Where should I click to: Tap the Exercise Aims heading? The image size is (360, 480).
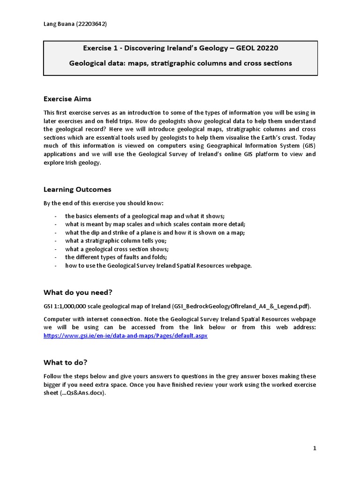(67, 99)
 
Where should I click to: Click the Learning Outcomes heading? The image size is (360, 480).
(77, 189)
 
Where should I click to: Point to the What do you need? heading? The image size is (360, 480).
(78, 292)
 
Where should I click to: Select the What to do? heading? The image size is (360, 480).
(65, 362)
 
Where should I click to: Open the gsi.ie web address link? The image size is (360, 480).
(125, 336)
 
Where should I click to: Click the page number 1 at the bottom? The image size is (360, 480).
(315, 448)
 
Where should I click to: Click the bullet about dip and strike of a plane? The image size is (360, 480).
(155, 232)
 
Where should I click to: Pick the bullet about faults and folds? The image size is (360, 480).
(116, 257)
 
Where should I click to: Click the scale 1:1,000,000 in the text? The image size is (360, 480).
(72, 306)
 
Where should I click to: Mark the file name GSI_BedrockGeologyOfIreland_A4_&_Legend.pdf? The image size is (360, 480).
(241, 306)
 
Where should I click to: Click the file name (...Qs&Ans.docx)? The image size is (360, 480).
(75, 393)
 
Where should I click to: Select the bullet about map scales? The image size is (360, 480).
(155, 224)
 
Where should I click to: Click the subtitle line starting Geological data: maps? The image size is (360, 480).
(180, 63)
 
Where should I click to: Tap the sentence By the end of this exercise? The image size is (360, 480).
(104, 203)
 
